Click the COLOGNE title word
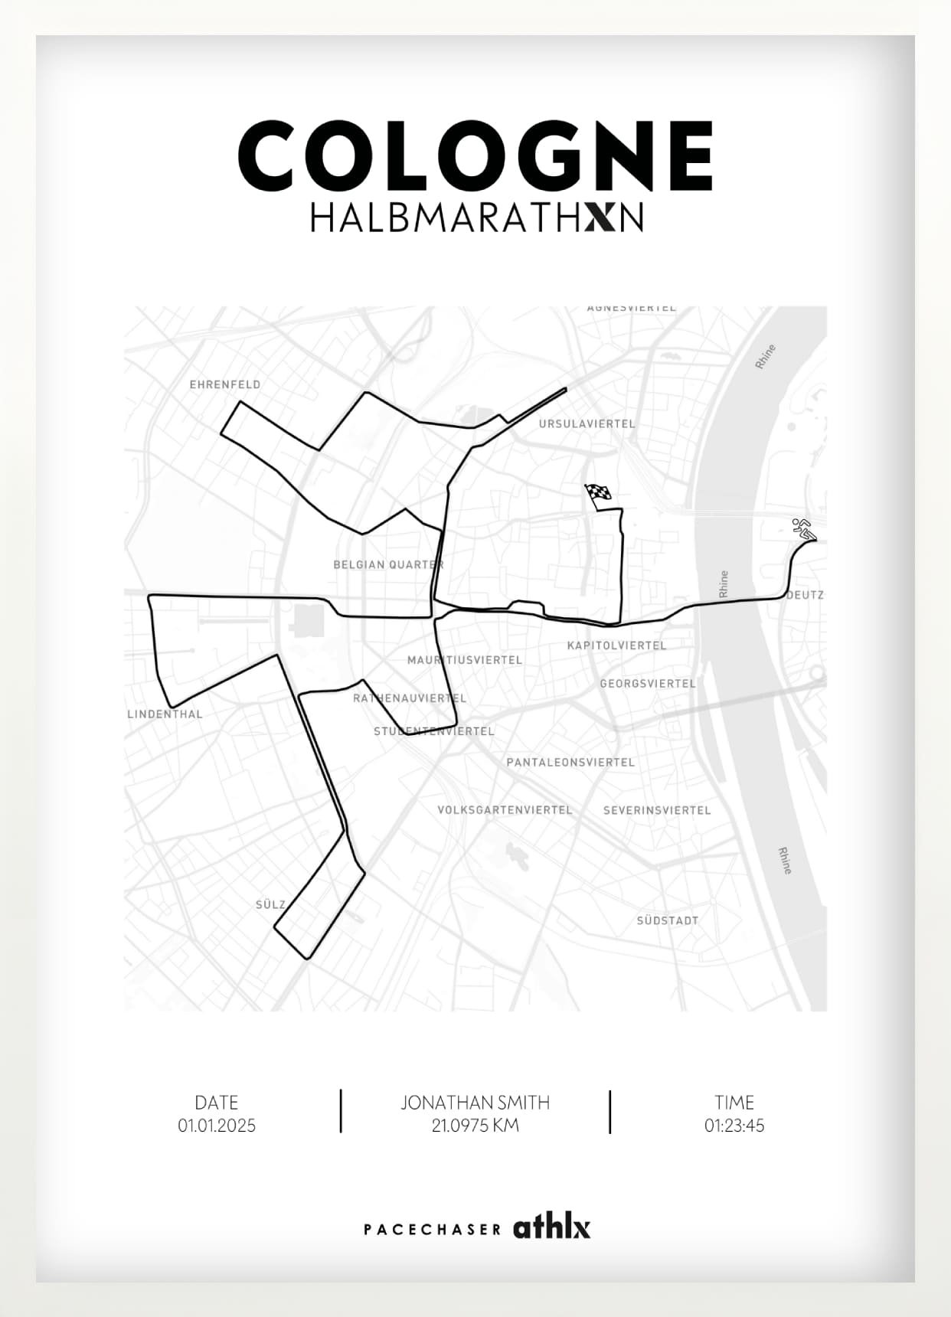pos(475,155)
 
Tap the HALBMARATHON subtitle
pos(475,217)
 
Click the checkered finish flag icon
pos(598,494)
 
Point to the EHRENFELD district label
pos(225,384)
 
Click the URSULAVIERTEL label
pos(587,423)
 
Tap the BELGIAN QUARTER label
pos(388,565)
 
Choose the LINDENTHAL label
pos(165,714)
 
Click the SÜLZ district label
pos(270,904)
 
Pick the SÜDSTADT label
pos(668,920)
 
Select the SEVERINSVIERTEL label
pos(657,810)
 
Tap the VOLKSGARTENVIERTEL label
pos(505,810)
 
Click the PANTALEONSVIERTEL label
pos(570,763)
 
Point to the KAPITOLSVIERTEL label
pos(616,645)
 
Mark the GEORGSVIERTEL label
pos(648,684)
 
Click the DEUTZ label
pos(806,595)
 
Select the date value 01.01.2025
pos(217,1126)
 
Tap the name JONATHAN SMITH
pos(475,1103)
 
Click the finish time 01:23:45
pos(734,1126)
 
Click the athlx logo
pos(551,1227)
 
